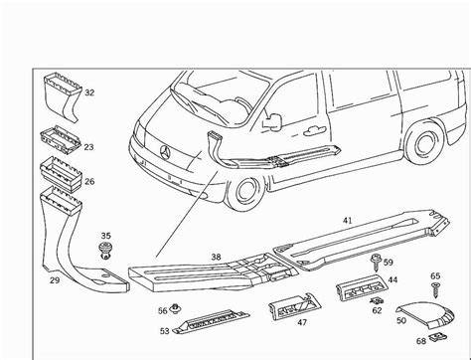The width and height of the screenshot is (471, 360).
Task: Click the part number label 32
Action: (89, 92)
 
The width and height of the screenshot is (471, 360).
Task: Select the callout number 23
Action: (88, 147)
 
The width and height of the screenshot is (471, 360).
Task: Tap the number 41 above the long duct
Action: (347, 220)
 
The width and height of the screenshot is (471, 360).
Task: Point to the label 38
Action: (216, 257)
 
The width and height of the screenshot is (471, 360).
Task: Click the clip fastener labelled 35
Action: (105, 251)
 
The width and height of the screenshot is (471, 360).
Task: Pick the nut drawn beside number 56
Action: (174, 309)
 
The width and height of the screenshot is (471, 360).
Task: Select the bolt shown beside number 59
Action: (376, 263)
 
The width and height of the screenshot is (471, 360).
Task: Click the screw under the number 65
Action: (435, 289)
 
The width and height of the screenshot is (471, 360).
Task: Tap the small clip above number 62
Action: (377, 300)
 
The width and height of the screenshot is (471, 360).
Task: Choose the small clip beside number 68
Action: (437, 338)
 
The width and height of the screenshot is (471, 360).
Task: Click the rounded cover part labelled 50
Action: (426, 313)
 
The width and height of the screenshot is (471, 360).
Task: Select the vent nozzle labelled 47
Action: (294, 306)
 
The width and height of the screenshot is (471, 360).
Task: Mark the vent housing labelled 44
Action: (362, 287)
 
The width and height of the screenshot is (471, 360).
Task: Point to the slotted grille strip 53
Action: (212, 320)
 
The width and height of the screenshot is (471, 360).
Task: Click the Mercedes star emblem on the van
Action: (165, 153)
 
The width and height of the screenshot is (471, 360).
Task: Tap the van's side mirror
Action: (272, 121)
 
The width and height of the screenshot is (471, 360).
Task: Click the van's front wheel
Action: (245, 192)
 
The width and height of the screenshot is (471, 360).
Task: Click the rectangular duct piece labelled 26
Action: (62, 174)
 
